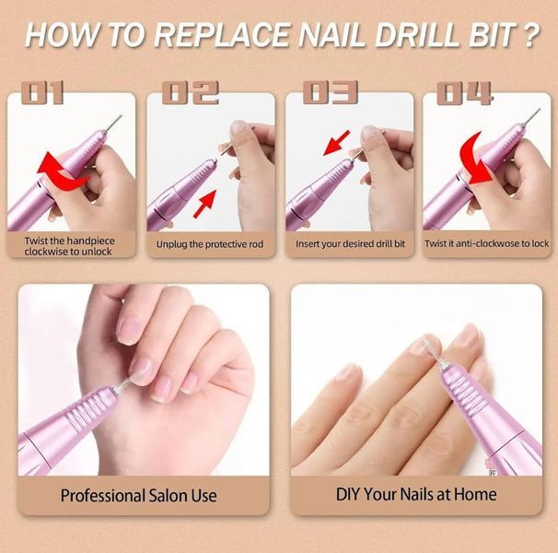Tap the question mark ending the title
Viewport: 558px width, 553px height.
tap(531, 35)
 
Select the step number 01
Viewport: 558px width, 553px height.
tap(42, 93)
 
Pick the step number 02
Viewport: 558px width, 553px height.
tap(190, 93)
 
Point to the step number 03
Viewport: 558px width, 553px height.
tap(331, 93)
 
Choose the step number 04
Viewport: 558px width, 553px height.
tap(465, 93)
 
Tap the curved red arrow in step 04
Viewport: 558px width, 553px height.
tap(476, 159)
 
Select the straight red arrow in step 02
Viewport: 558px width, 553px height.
tap(204, 204)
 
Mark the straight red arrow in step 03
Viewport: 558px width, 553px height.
tap(337, 143)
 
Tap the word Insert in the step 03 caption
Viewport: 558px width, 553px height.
tap(308, 243)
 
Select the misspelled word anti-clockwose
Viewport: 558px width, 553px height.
tap(488, 243)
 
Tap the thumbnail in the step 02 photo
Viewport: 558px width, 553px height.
tap(239, 129)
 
